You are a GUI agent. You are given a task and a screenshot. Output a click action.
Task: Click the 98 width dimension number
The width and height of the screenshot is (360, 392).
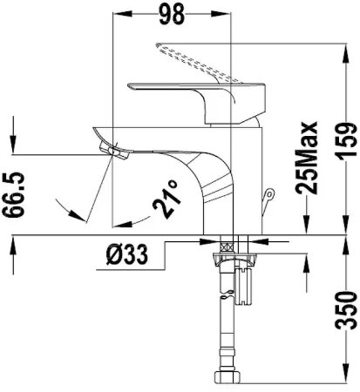172,14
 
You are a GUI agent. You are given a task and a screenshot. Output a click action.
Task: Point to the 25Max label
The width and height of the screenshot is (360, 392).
306,158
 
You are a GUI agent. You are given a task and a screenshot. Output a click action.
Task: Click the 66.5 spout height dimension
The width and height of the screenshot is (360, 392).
13,194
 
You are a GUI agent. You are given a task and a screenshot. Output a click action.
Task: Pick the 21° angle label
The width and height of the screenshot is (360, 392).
166,199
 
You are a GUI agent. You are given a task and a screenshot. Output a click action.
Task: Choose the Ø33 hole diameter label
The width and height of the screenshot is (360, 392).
127,254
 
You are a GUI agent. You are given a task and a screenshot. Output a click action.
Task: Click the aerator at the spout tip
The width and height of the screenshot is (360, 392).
114,151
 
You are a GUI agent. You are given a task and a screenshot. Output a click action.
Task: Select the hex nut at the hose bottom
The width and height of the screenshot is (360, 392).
228,378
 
